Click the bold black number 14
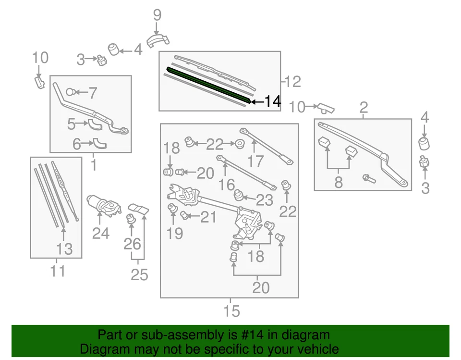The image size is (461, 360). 272,101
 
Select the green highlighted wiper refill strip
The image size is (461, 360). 208,84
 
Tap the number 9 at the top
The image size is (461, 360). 157,16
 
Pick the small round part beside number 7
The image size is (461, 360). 71,91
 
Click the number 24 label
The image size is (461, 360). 101,233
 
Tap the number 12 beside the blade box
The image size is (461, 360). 292,82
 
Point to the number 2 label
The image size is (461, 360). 364,107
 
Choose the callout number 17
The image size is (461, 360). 256,161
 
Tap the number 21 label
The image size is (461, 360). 208,217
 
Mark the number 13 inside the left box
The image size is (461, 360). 64,248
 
